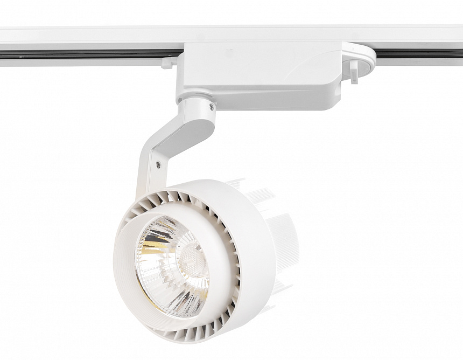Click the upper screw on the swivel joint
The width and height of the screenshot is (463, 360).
click(212, 107)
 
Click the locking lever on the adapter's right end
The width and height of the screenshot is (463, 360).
click(354, 71)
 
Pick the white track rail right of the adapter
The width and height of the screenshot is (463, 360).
click(420, 38)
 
